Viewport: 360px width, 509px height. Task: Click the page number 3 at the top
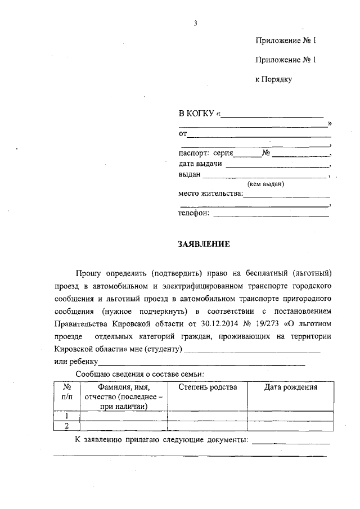[195, 24]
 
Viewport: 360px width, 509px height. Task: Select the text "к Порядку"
[273, 79]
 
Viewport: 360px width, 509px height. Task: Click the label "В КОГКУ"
[197, 114]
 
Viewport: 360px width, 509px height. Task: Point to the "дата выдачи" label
[200, 164]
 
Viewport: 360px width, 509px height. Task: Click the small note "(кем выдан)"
[266, 184]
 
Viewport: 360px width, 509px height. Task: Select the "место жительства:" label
[210, 193]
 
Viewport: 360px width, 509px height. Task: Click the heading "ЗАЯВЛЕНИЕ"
[204, 244]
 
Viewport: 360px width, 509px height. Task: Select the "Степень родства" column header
[208, 388]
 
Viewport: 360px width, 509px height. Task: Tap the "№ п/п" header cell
[66, 392]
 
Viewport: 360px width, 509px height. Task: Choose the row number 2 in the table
[66, 426]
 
